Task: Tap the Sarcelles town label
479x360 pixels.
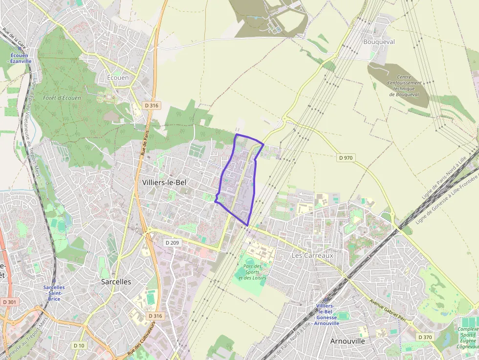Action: (x=116, y=282)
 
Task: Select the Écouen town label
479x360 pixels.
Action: (x=118, y=78)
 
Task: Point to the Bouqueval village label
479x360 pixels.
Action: (x=379, y=42)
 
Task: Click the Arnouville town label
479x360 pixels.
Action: (x=348, y=341)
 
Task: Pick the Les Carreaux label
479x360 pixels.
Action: (x=312, y=255)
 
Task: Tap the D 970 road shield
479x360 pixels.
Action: (x=346, y=158)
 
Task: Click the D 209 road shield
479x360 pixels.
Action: (x=173, y=243)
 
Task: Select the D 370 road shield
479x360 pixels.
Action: (x=425, y=338)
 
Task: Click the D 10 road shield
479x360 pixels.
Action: (x=79, y=345)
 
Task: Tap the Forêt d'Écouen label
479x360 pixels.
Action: (x=62, y=98)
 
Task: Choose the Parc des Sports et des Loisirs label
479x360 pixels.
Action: (x=252, y=272)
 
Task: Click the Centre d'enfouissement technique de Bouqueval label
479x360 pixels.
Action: (x=404, y=85)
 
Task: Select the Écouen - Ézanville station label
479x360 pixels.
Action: (x=21, y=58)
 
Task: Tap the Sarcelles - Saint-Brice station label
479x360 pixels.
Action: (x=54, y=293)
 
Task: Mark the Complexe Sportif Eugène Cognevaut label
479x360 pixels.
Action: (x=468, y=338)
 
